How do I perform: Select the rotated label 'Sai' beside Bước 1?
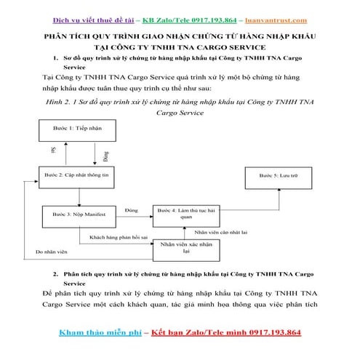(x=52, y=151)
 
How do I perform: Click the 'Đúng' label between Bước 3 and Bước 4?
(x=132, y=209)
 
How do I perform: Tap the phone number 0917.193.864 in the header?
(x=215, y=20)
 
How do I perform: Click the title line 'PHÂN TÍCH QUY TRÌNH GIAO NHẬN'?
(x=180, y=35)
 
